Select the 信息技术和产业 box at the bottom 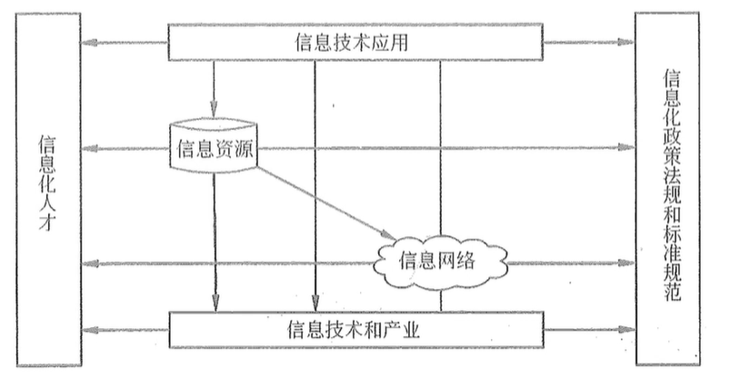355,328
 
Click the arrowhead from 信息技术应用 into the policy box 627,42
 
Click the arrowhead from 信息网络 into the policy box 627,263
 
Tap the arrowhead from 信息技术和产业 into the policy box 627,329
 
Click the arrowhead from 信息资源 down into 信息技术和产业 215,303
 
